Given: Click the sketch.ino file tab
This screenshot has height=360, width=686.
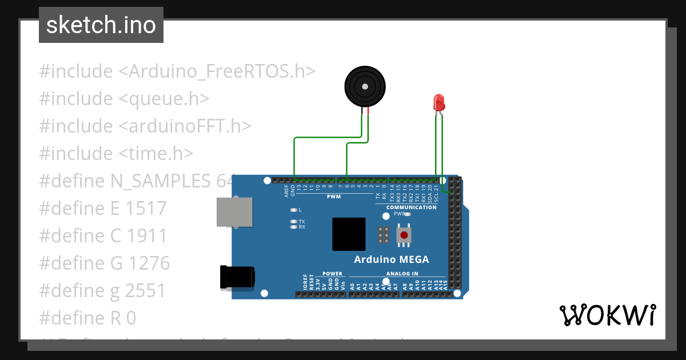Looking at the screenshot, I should coord(101,25).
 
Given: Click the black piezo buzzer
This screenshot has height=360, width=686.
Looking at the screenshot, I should coord(364,87).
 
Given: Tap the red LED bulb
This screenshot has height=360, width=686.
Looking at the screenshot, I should coord(439,103).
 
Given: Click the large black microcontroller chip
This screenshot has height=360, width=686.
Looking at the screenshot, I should coord(349,234).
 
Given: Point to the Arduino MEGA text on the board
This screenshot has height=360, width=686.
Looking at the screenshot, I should coord(392,259).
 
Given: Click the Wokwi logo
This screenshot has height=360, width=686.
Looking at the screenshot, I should coord(607,315).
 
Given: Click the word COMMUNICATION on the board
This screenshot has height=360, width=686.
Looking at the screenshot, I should coord(411,207).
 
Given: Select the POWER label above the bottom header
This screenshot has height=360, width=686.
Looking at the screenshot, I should coord(332,274).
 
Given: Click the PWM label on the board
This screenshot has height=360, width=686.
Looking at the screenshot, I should coord(334,197).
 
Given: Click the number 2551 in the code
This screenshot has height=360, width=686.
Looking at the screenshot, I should coord(145,291).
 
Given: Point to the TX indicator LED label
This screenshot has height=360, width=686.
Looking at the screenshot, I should coord(302,221).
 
